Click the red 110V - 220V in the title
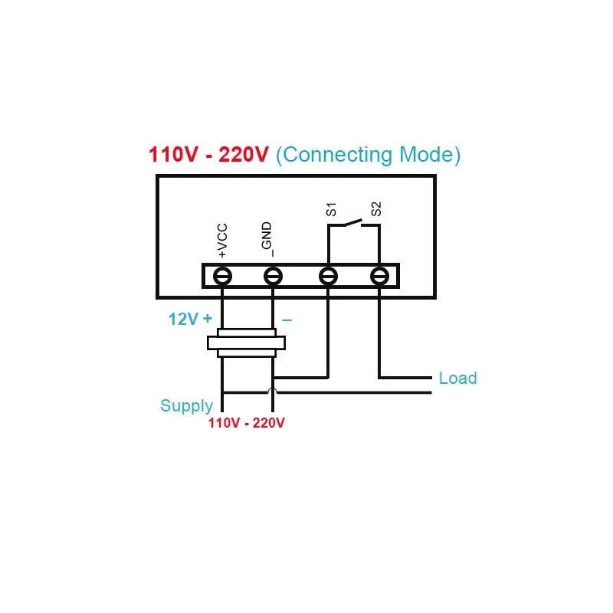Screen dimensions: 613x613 tap(208, 155)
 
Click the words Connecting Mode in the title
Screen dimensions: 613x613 tap(368, 155)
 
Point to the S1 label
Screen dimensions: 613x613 tap(331, 208)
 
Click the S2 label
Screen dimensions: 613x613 tap(375, 208)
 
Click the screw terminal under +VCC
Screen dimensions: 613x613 tap(222, 276)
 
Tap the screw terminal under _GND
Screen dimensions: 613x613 tap(273, 276)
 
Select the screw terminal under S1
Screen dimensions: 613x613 tap(328, 276)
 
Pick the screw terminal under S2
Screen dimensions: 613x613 tap(379, 276)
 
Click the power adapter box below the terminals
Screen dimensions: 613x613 tap(247, 343)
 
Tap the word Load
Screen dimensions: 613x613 tap(457, 378)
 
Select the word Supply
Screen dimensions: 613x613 tap(186, 406)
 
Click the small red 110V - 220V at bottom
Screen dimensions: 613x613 tap(247, 423)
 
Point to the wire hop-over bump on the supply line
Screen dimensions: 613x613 tap(273, 392)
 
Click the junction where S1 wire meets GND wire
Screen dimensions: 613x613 tap(274, 377)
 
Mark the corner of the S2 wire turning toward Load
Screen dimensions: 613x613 tap(379, 377)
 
